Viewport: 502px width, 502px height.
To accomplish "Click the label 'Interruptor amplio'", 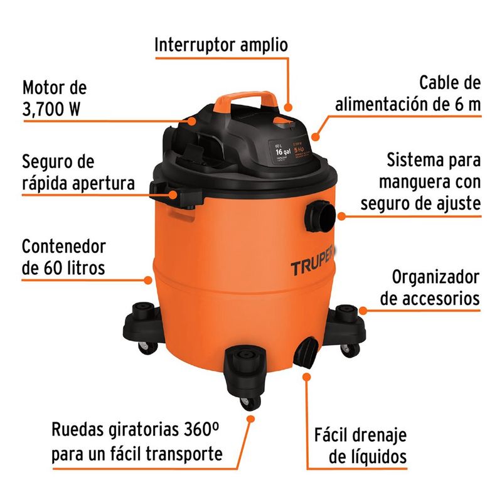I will [221, 45].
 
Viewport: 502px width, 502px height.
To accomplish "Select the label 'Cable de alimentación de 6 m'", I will [408, 94].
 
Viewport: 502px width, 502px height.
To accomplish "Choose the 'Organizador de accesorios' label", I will [430, 287].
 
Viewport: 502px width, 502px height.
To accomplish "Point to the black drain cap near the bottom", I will [307, 352].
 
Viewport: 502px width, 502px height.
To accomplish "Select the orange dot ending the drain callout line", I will [307, 376].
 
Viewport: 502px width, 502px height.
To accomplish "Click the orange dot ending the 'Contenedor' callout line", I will [149, 277].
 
